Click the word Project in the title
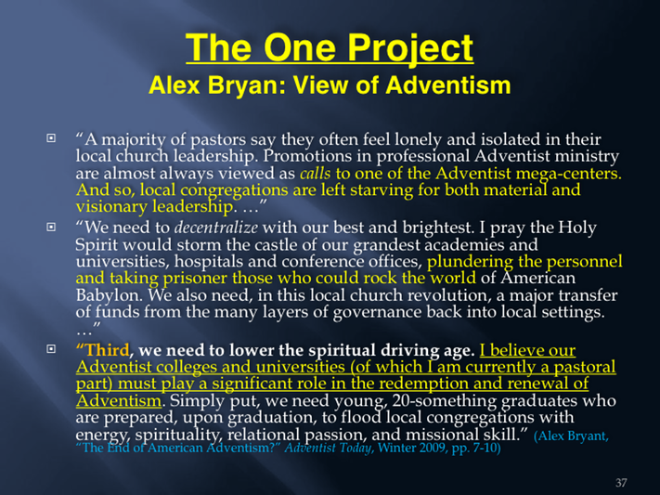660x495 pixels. [410, 49]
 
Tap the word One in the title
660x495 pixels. [300, 47]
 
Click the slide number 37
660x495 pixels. [621, 482]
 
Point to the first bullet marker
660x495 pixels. [51, 137]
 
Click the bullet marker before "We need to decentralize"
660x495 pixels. [51, 227]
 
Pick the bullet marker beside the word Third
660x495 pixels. [51, 349]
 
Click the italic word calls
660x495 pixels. [316, 173]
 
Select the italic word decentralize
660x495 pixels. [216, 228]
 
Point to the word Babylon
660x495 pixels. [108, 295]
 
